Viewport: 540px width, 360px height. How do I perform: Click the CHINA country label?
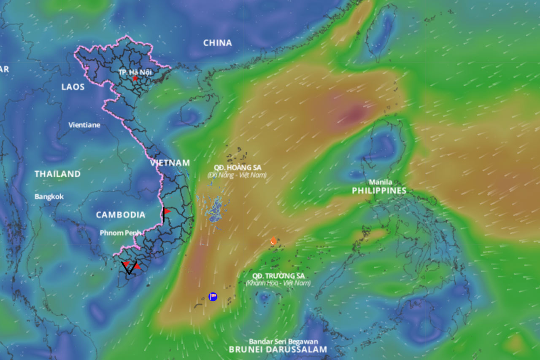coord(217,43)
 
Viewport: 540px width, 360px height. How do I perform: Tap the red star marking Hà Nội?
coord(135,78)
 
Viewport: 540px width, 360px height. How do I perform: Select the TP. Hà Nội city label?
coord(135,72)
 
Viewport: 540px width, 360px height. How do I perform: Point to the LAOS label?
coord(73,87)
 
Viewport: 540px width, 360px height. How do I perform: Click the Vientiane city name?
coord(84,125)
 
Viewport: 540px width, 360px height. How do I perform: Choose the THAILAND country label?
coord(57,174)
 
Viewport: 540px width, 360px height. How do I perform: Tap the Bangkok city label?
coord(49,196)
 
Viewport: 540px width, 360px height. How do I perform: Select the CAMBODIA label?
coord(120,215)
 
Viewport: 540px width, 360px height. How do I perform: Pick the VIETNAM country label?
coord(170,163)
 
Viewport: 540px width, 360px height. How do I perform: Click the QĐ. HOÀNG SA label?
coord(238,167)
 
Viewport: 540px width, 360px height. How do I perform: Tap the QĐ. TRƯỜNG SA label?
coord(278,276)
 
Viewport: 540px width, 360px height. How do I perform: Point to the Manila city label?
coord(380,182)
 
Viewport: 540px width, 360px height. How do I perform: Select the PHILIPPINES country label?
coord(379,191)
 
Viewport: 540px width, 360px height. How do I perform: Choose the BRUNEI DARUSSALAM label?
coord(278,349)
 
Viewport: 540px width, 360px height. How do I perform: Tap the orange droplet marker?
coord(273,241)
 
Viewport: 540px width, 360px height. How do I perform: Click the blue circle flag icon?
coord(213,296)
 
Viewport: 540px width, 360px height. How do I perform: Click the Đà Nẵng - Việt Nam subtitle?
coord(238,175)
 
